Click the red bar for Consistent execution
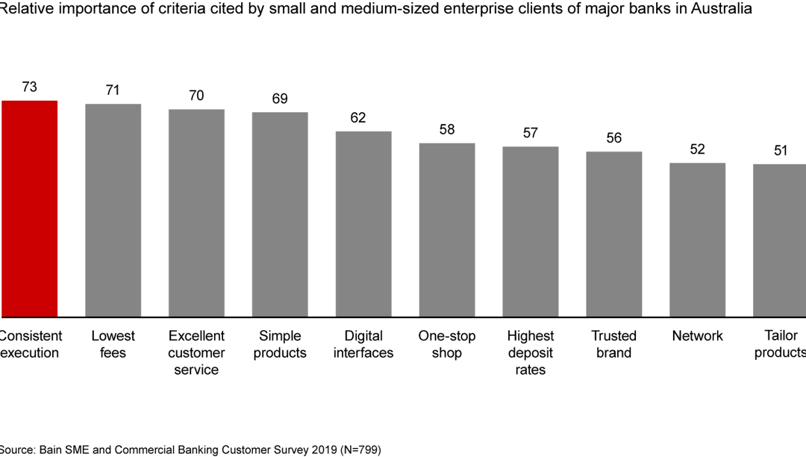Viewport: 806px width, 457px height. click(x=29, y=208)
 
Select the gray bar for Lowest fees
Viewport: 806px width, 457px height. click(x=113, y=210)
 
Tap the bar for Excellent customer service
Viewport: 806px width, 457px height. click(x=196, y=213)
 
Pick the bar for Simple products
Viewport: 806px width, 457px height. click(x=280, y=214)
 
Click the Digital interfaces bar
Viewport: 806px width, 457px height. click(x=363, y=224)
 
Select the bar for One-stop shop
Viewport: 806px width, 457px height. click(x=447, y=230)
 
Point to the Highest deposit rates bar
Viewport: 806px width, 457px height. click(x=531, y=231)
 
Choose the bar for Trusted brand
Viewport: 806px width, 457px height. click(x=614, y=234)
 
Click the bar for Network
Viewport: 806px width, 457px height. click(x=698, y=240)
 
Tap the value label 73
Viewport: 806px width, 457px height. click(x=30, y=87)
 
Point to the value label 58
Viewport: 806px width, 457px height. click(x=447, y=129)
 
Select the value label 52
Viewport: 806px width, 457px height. click(x=698, y=149)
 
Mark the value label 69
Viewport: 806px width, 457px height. click(x=280, y=99)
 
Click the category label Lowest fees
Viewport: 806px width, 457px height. click(x=113, y=344)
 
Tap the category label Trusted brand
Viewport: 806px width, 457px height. click(x=614, y=344)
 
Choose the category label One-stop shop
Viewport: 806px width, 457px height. click(x=447, y=344)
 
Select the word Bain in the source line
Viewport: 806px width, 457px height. click(x=57, y=450)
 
